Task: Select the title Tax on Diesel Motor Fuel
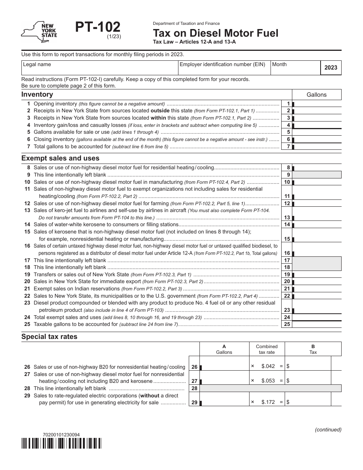[216, 33]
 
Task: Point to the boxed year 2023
[331, 68]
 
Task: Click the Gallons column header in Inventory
[316, 95]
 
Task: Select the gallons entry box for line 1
[317, 104]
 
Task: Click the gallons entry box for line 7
[317, 147]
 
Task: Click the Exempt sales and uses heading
[60, 158]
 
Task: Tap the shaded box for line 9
[317, 175]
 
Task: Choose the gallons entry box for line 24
[317, 317]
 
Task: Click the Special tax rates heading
[49, 337]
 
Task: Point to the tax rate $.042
[268, 366]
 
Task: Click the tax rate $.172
[268, 402]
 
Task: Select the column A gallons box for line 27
[224, 381]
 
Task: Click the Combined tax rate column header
[267, 349]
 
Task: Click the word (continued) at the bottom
[328, 429]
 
